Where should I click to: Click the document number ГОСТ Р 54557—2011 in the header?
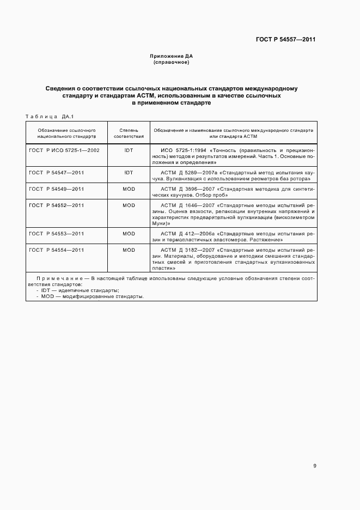pos(286,40)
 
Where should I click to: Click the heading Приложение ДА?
pos(171,56)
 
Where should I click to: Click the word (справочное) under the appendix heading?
pos(171,62)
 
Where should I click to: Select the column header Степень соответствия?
pos(129,133)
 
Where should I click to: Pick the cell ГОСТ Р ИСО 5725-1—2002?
pos(64,150)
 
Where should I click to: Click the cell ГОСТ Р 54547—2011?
pos(57,172)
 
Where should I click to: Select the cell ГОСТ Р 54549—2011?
pos(57,189)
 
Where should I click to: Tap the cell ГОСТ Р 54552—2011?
pos(57,205)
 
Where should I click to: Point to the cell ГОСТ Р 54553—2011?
pos(57,233)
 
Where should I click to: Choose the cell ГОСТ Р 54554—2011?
pos(57,250)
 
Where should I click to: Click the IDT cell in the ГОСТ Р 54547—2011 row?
pos(129,172)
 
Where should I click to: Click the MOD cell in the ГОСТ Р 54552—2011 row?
pos(129,205)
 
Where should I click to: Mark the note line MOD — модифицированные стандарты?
pos(90,296)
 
